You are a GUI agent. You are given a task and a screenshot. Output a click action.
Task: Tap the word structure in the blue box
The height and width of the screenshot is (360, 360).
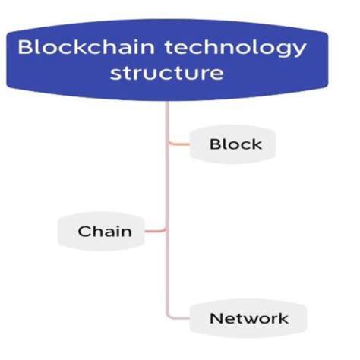click(x=166, y=75)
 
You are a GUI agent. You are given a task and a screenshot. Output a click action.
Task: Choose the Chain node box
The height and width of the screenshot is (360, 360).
click(x=104, y=231)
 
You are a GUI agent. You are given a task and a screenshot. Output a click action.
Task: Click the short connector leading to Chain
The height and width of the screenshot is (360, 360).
click(x=156, y=231)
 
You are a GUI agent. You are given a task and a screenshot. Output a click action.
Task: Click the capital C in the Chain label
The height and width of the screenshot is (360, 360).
click(x=84, y=231)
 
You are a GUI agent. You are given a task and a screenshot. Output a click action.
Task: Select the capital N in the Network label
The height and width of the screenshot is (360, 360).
click(x=216, y=318)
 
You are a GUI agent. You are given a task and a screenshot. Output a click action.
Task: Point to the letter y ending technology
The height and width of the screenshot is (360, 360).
click(x=299, y=51)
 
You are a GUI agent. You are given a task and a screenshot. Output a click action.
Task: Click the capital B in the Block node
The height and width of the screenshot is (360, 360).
click(x=214, y=144)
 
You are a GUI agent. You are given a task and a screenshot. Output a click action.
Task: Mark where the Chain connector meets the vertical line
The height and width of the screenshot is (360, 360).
click(x=166, y=231)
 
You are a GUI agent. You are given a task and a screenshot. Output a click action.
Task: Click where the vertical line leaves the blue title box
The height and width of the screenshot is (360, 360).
click(x=166, y=105)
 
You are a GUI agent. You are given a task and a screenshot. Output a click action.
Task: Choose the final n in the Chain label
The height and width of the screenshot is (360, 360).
click(x=125, y=232)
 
